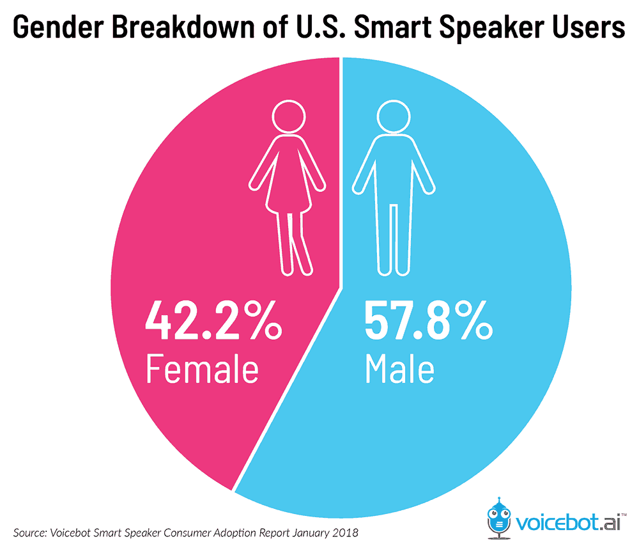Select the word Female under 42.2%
[x=202, y=369]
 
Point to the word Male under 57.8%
[x=399, y=369]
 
